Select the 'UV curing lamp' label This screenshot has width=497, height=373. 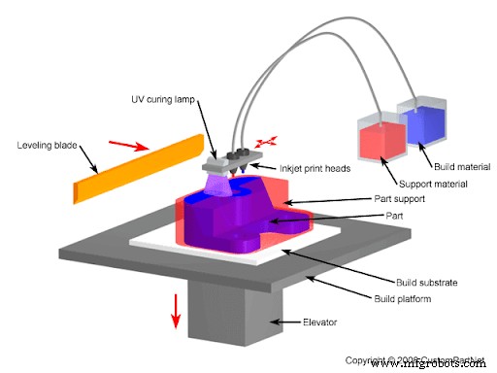[x=167, y=100]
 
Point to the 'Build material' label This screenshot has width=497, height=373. [x=458, y=166]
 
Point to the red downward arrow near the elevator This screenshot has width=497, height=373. [x=176, y=310]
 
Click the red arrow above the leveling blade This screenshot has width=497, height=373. [x=136, y=148]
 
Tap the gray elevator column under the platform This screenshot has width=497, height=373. [x=233, y=321]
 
